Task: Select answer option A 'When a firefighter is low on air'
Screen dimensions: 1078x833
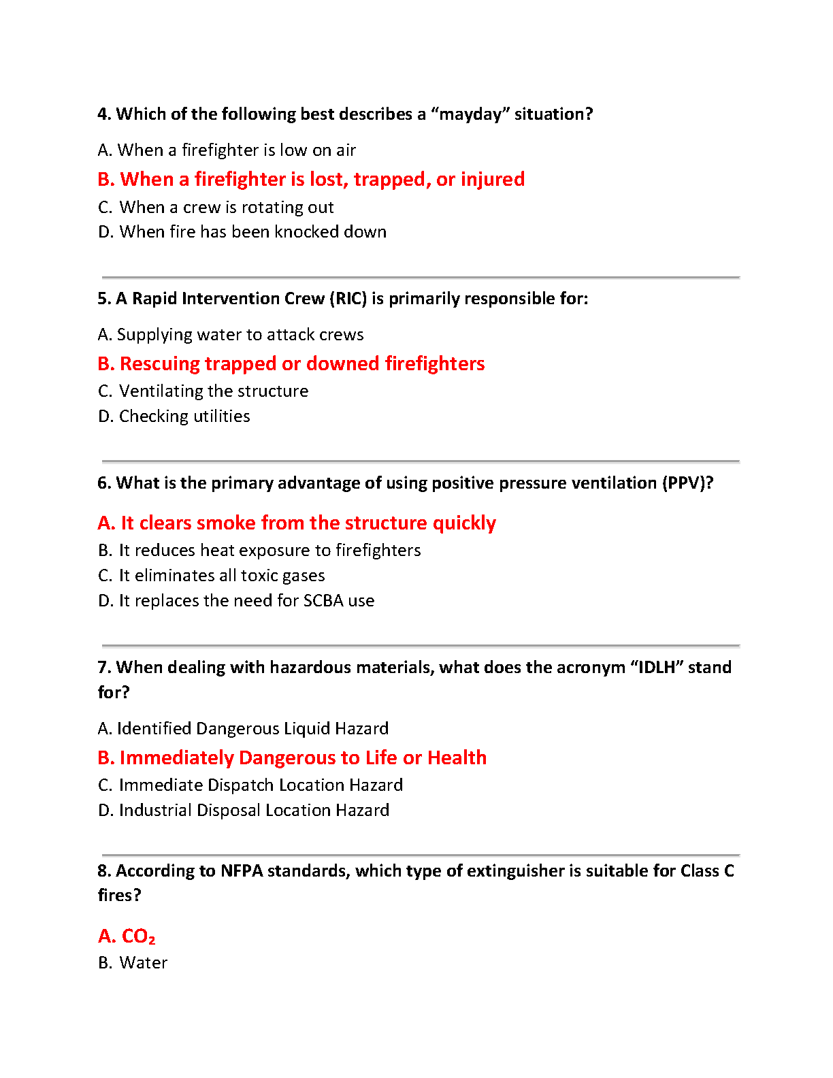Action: [x=227, y=150]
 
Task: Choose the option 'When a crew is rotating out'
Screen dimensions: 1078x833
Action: [x=216, y=208]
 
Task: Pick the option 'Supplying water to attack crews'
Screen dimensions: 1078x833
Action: [x=231, y=335]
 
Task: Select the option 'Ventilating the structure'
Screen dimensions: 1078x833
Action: [x=203, y=391]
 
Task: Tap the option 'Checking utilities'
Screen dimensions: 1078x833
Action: [x=174, y=416]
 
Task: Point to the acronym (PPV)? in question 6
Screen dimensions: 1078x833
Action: [x=689, y=483]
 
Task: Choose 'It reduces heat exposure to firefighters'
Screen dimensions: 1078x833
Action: [x=259, y=551]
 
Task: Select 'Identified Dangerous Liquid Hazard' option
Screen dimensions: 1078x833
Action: [x=243, y=729]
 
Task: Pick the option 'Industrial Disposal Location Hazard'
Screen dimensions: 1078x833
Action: [x=244, y=811]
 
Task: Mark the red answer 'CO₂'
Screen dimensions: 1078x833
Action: [x=127, y=936]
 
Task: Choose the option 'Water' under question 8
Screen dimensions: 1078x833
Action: [x=133, y=963]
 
